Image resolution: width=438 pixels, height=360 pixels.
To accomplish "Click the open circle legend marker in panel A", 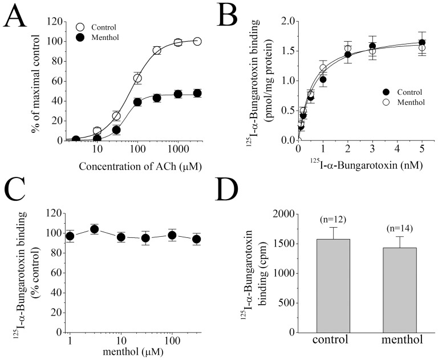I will coord(80,27).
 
